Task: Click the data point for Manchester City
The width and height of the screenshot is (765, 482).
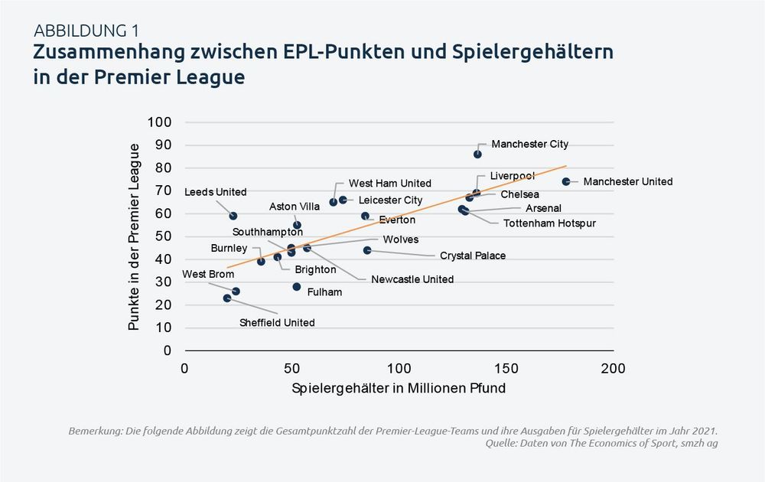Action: click(x=477, y=154)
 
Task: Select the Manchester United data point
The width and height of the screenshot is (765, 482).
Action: click(x=566, y=181)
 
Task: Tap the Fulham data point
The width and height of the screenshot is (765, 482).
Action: click(x=296, y=287)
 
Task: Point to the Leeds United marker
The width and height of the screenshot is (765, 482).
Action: click(x=233, y=216)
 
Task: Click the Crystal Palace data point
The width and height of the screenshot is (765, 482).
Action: click(x=367, y=250)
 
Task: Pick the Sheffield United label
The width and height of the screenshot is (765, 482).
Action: click(x=277, y=323)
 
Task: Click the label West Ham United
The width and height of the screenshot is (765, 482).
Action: click(x=390, y=184)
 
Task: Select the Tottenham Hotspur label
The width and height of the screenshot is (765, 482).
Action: click(x=549, y=223)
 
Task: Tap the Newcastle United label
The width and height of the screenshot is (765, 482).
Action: click(x=412, y=279)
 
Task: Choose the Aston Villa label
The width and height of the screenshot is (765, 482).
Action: click(x=295, y=207)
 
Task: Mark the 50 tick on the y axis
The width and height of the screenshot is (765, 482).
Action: click(x=164, y=236)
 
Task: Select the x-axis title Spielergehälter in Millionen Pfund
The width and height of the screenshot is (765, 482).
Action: click(x=399, y=389)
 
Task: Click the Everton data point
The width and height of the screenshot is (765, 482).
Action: click(x=365, y=217)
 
